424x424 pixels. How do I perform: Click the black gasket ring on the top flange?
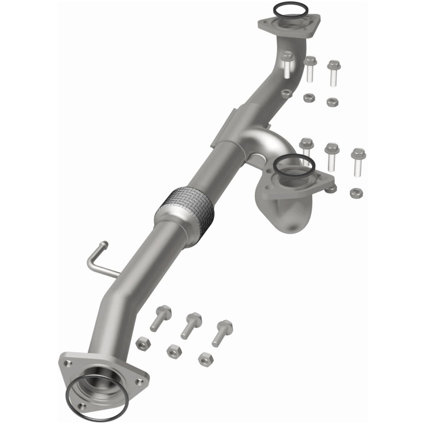[x=290, y=5]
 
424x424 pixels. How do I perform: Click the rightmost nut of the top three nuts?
[x=333, y=100]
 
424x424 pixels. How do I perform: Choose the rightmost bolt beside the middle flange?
[x=358, y=161]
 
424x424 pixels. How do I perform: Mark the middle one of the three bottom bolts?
[x=191, y=325]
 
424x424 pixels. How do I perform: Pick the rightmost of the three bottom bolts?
[x=222, y=332]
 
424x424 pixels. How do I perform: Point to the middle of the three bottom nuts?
[x=173, y=350]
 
